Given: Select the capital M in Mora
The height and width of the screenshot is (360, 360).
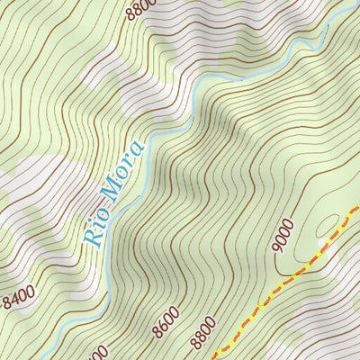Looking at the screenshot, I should (114, 189).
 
